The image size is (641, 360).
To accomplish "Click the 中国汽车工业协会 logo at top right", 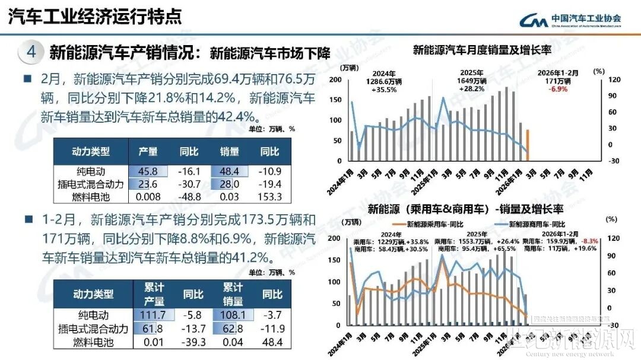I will click(x=569, y=20).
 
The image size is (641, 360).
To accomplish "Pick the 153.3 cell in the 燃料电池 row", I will click(x=269, y=196).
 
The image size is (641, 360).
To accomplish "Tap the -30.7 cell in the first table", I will click(x=189, y=184).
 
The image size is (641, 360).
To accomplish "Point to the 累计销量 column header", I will click(x=233, y=294).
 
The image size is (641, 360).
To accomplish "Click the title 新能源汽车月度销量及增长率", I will click(x=482, y=50).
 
